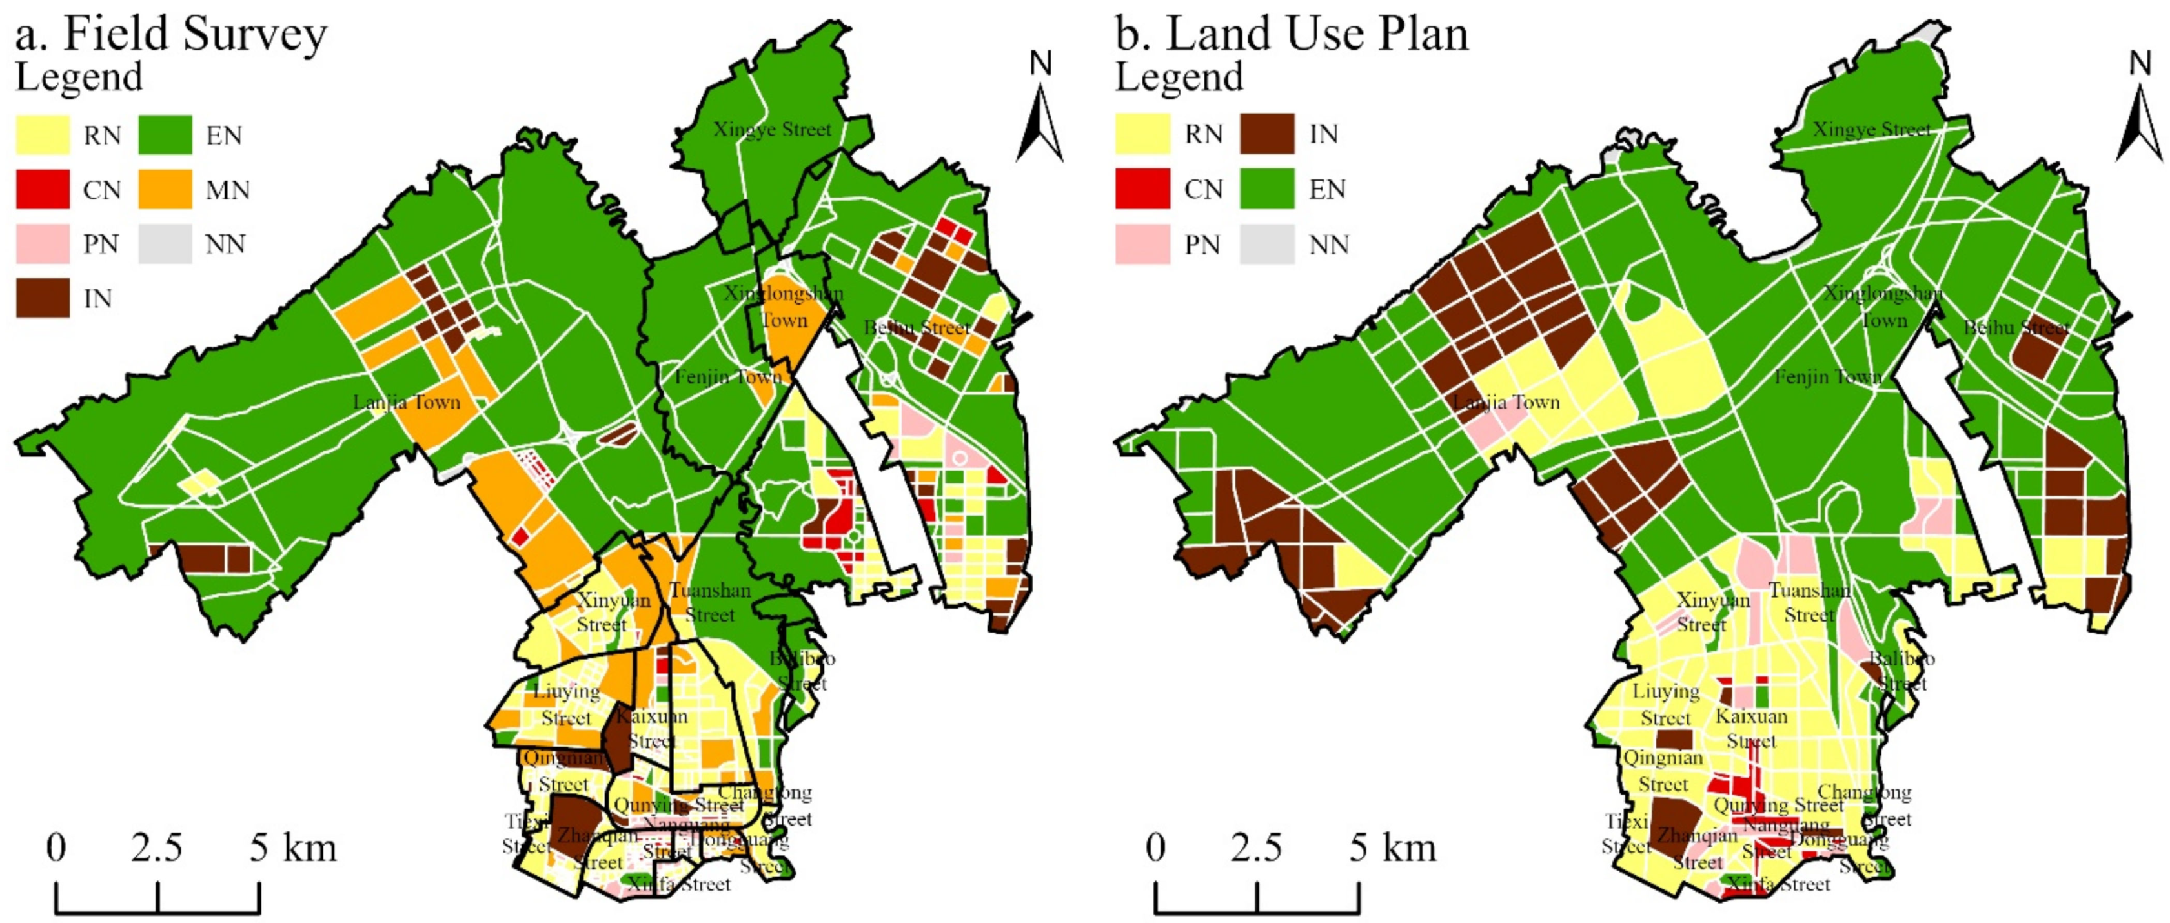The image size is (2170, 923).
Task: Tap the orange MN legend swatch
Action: pos(165,190)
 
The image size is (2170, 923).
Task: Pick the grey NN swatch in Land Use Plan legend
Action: pos(1266,244)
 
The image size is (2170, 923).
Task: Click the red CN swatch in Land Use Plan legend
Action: pos(1142,188)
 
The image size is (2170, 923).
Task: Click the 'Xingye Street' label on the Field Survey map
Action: pos(771,130)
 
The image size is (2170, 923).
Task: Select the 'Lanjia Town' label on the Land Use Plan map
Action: pos(1506,403)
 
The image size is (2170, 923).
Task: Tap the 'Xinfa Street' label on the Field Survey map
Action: pos(680,884)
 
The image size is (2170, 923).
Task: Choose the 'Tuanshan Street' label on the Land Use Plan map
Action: pos(1809,602)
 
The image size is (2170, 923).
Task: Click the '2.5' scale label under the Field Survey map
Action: pos(157,847)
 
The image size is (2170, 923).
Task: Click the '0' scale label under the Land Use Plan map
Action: pos(1156,847)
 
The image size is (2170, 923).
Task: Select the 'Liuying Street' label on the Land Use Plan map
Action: pos(1665,704)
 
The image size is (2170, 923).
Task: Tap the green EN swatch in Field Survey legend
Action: pos(165,135)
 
